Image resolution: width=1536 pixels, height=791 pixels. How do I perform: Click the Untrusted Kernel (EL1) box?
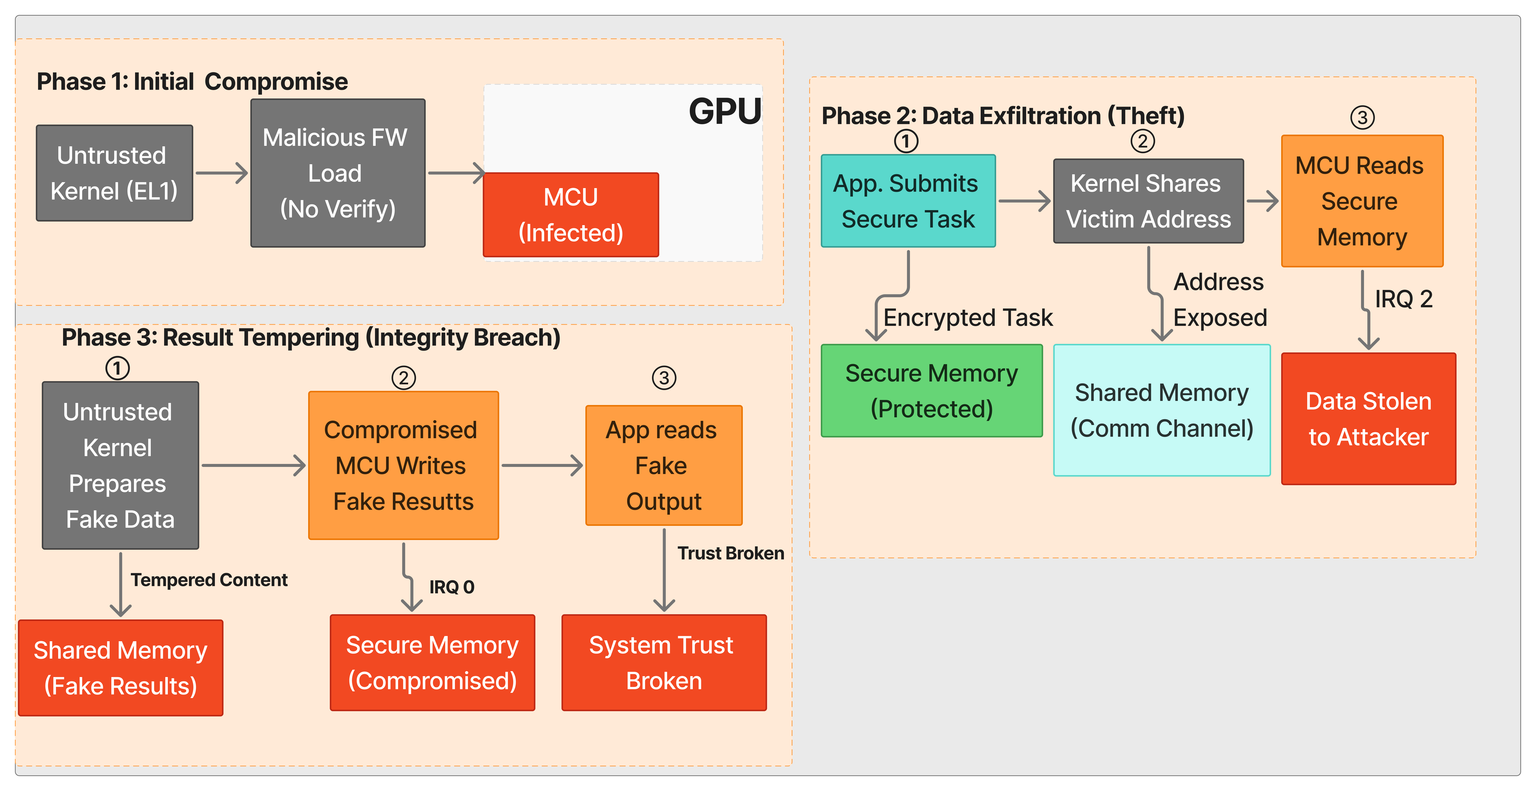pyautogui.click(x=115, y=173)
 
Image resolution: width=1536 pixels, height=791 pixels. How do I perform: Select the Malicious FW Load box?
pyautogui.click(x=337, y=173)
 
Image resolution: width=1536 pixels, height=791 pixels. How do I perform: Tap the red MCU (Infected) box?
pyautogui.click(x=571, y=215)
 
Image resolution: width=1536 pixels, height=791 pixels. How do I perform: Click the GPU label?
pyautogui.click(x=725, y=112)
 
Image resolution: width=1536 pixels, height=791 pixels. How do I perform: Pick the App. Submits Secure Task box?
pyautogui.click(x=908, y=201)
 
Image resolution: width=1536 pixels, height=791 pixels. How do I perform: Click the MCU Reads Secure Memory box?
pyautogui.click(x=1362, y=201)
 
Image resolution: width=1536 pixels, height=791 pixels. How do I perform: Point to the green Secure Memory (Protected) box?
pyautogui.click(x=931, y=390)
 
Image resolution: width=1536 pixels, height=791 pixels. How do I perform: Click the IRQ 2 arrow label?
pyautogui.click(x=1403, y=299)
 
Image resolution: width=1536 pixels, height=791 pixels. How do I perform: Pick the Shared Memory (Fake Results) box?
pyautogui.click(x=121, y=668)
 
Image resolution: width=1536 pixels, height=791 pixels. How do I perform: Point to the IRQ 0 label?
pyautogui.click(x=451, y=587)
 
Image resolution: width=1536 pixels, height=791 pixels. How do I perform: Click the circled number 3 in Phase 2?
pyautogui.click(x=1362, y=117)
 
